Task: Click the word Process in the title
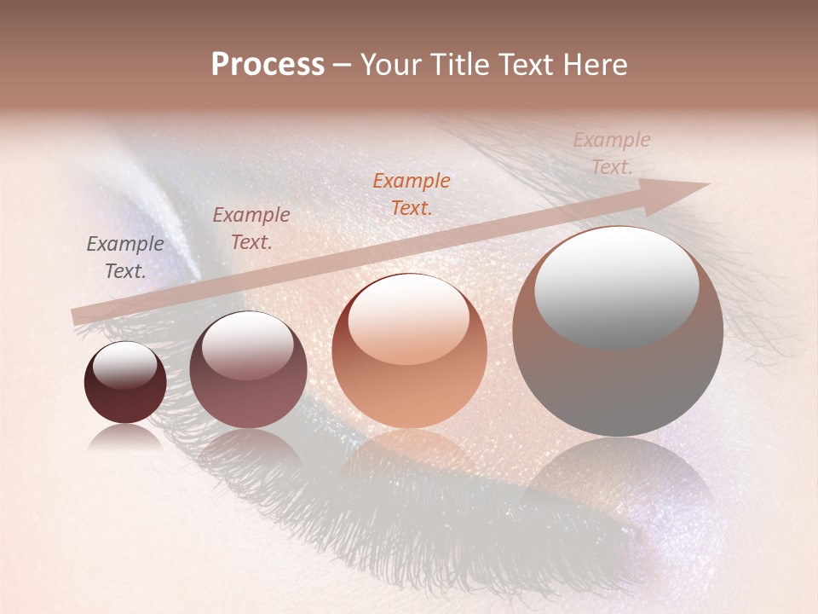tap(268, 65)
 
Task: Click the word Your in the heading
tap(391, 65)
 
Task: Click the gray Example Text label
tap(125, 258)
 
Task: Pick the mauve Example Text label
tap(251, 229)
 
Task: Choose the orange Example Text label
tap(412, 194)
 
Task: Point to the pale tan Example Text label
tap(611, 153)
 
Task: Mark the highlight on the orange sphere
tap(408, 317)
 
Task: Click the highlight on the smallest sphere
tap(125, 363)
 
